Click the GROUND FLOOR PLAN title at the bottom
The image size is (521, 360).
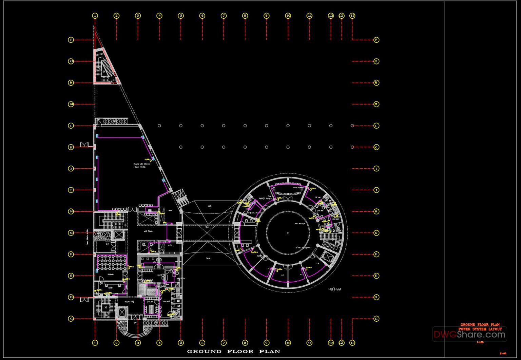(233, 352)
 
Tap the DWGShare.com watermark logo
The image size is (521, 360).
(469, 335)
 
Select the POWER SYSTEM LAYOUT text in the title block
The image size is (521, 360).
(480, 329)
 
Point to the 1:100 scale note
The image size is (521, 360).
(480, 342)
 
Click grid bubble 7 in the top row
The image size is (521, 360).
(224, 16)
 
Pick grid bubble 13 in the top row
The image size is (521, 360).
(352, 16)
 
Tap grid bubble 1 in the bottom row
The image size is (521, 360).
(95, 343)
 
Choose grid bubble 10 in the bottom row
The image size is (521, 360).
(288, 343)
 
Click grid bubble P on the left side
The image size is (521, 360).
(71, 40)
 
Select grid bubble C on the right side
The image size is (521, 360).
(376, 319)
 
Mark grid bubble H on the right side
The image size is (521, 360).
(376, 211)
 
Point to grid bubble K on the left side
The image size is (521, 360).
(71, 147)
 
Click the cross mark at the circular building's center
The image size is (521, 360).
(288, 233)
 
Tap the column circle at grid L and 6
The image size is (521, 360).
(202, 126)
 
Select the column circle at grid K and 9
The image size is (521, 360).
(267, 147)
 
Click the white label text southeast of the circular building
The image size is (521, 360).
(334, 289)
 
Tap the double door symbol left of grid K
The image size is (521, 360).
(84, 145)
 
